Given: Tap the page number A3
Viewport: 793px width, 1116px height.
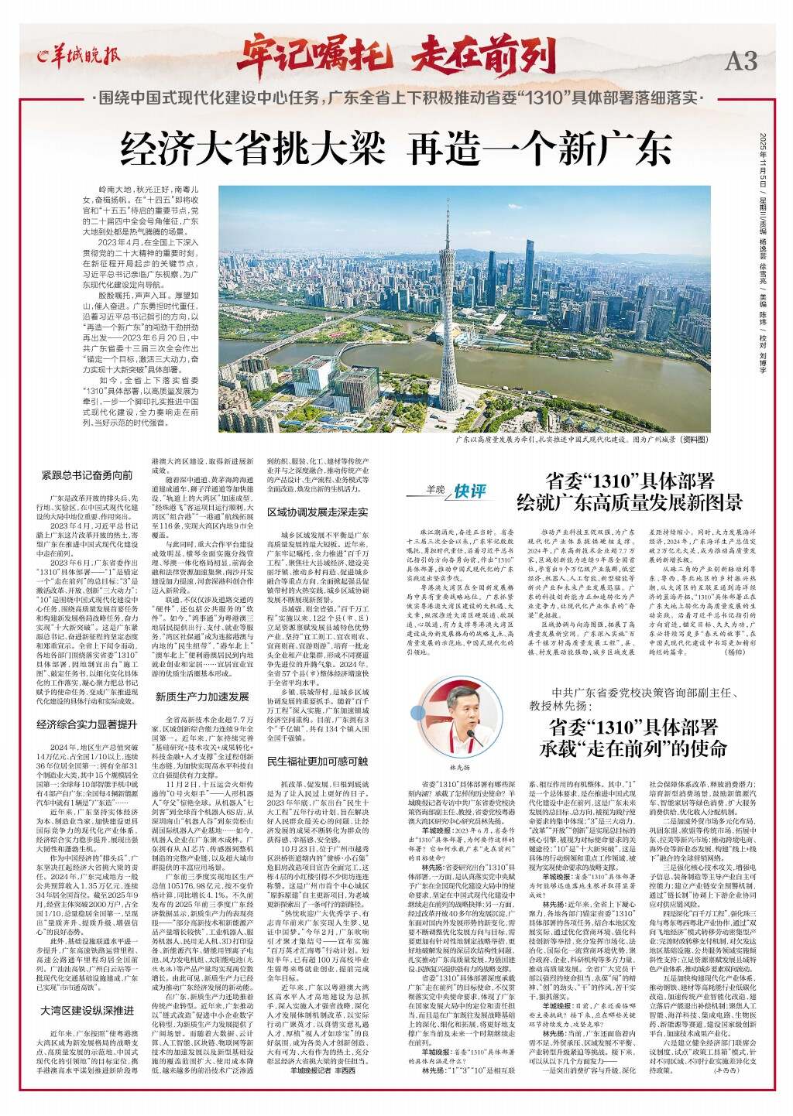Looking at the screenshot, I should (x=740, y=60).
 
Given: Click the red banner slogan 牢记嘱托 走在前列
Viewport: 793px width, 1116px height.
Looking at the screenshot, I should (x=396, y=54).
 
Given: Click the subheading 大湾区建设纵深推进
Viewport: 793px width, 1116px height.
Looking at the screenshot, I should (x=88, y=1012).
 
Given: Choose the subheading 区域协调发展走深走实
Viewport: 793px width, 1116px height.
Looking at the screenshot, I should (x=317, y=513).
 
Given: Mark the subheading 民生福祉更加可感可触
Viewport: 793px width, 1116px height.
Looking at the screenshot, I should (x=317, y=762).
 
